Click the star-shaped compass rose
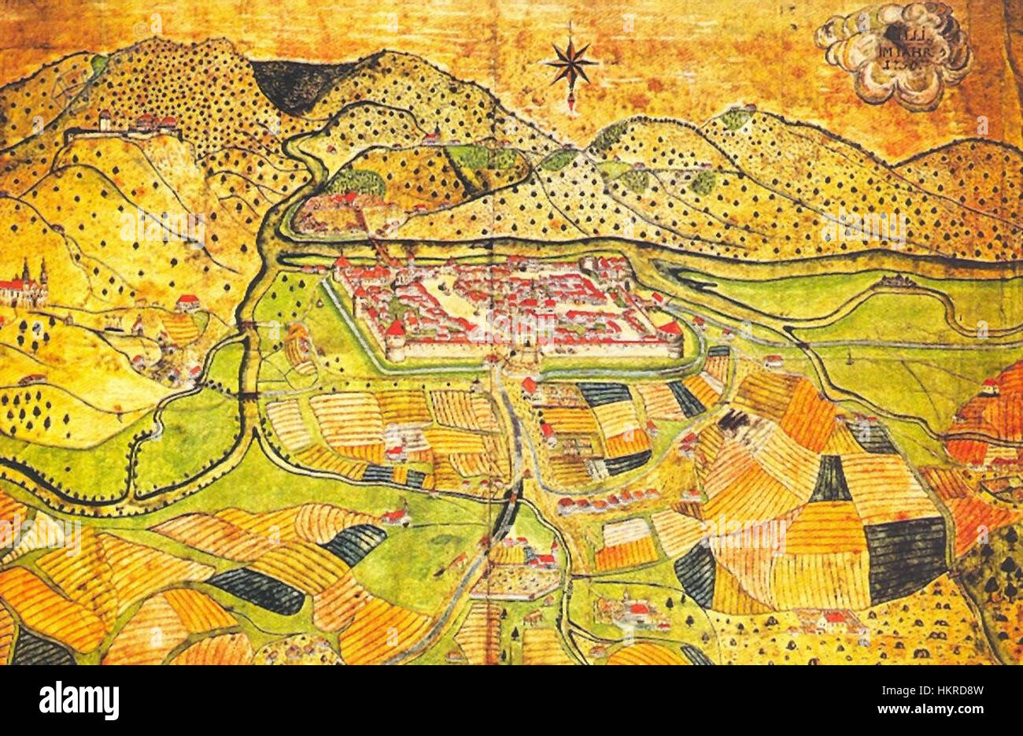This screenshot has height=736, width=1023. (571, 63)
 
